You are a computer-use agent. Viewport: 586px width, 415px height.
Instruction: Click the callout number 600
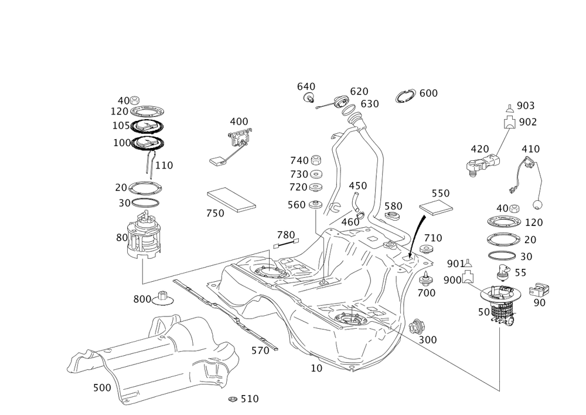click(x=429, y=94)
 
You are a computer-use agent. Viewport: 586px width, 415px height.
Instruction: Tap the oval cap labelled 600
click(x=406, y=95)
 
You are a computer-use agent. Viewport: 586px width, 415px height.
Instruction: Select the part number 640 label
click(x=306, y=87)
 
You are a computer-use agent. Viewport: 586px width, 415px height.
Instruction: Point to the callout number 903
click(x=526, y=106)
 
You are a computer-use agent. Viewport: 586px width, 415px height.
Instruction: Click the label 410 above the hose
click(x=530, y=149)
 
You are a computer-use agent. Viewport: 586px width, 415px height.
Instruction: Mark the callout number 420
click(x=479, y=150)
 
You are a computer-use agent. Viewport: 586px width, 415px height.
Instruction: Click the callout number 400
click(x=238, y=122)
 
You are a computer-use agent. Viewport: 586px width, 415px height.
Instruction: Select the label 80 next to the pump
click(x=121, y=238)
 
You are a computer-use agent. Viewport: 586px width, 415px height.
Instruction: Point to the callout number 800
click(x=141, y=299)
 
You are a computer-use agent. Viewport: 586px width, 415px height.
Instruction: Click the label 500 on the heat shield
click(x=101, y=388)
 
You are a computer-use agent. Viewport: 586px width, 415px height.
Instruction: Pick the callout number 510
click(x=249, y=399)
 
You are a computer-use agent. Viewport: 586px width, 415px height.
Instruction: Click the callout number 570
click(x=259, y=351)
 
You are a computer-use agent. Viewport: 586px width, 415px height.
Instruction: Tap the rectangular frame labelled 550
click(x=436, y=206)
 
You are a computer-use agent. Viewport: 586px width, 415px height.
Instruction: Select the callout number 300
click(x=428, y=340)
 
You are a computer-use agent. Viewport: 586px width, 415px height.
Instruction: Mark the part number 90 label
click(x=539, y=303)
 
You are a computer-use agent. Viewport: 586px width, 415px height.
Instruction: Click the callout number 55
click(x=520, y=273)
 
